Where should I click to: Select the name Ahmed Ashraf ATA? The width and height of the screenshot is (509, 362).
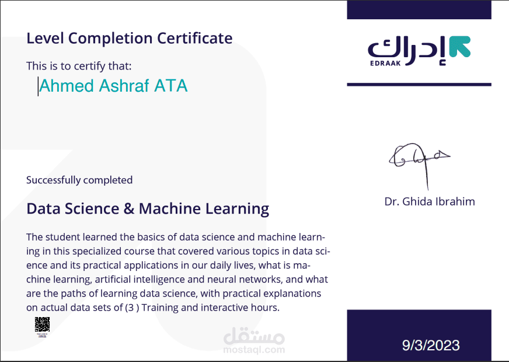(x=113, y=86)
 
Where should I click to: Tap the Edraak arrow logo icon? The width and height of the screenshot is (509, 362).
(x=460, y=47)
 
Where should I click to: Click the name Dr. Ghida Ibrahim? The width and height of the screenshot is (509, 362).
(x=430, y=201)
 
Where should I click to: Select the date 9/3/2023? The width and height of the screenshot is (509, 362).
(x=431, y=345)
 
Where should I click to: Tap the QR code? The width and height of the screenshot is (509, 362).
(x=42, y=324)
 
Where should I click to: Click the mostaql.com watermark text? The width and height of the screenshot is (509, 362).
(x=254, y=350)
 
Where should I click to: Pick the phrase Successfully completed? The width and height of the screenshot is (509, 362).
(x=79, y=180)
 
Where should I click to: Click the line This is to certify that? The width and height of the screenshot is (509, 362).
(x=75, y=66)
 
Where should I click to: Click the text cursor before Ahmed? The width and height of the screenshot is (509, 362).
(x=38, y=86)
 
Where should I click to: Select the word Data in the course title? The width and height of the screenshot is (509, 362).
(x=43, y=208)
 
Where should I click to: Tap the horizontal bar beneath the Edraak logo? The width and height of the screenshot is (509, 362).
(x=419, y=85)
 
